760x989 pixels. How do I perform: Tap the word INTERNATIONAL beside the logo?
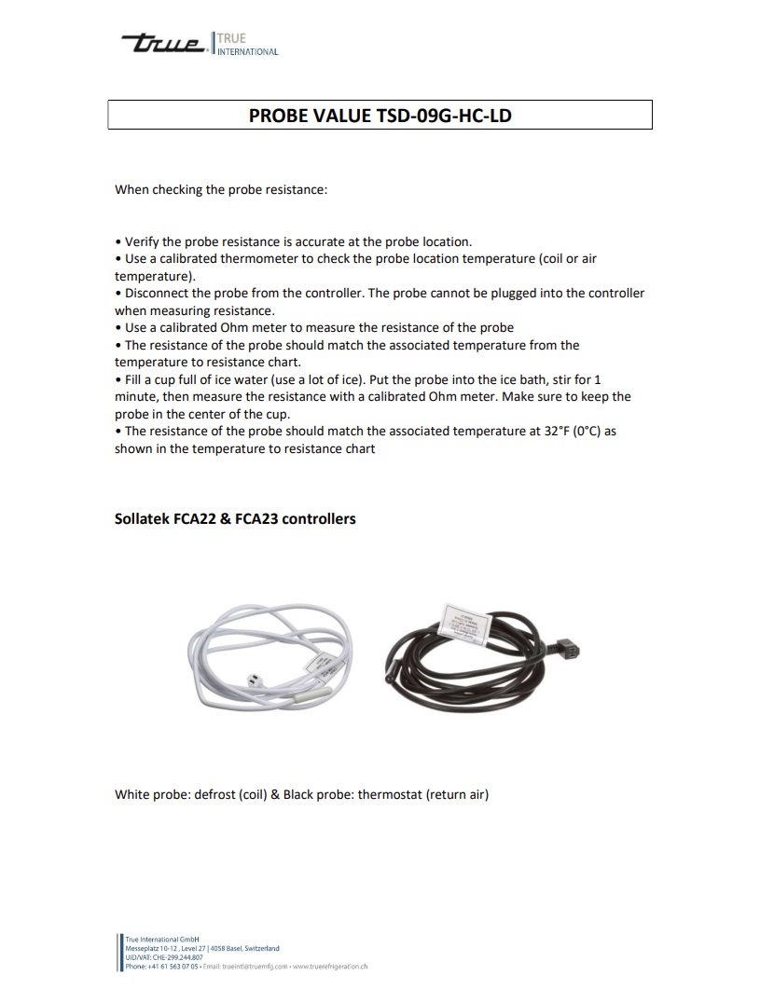247,52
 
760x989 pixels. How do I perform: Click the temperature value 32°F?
547,432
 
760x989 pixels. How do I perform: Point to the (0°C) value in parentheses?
587,432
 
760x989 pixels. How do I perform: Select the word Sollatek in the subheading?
142,518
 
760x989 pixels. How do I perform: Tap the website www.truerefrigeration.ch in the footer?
330,967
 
